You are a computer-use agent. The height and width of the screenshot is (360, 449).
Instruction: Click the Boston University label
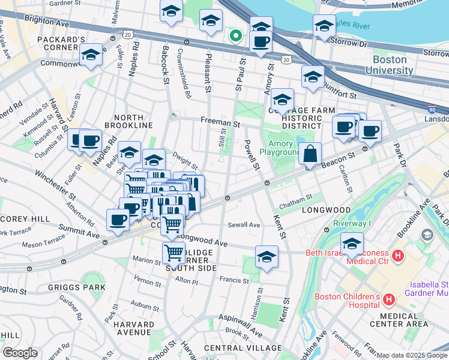coord(393,65)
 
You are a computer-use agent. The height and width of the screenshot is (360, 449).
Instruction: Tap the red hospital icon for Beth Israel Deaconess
coord(397,257)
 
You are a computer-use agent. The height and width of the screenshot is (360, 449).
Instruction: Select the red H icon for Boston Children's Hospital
coord(388,298)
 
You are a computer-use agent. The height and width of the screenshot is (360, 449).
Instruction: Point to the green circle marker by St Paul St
coord(236,36)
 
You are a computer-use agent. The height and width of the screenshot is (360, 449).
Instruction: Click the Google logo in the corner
coord(19,353)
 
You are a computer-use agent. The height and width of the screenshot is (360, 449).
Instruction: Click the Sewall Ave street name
coord(244,225)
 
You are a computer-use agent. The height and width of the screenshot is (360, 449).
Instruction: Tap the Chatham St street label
coord(296,197)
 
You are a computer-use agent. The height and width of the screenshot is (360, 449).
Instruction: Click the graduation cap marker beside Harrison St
coord(267,257)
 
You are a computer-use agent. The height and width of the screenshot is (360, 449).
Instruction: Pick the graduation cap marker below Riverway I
coord(352,244)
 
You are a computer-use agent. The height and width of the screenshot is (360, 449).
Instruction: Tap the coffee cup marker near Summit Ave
coord(118,219)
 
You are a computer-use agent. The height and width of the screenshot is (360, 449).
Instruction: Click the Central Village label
coord(243,348)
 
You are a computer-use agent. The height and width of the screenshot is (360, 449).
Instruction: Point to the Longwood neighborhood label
coord(326,211)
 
